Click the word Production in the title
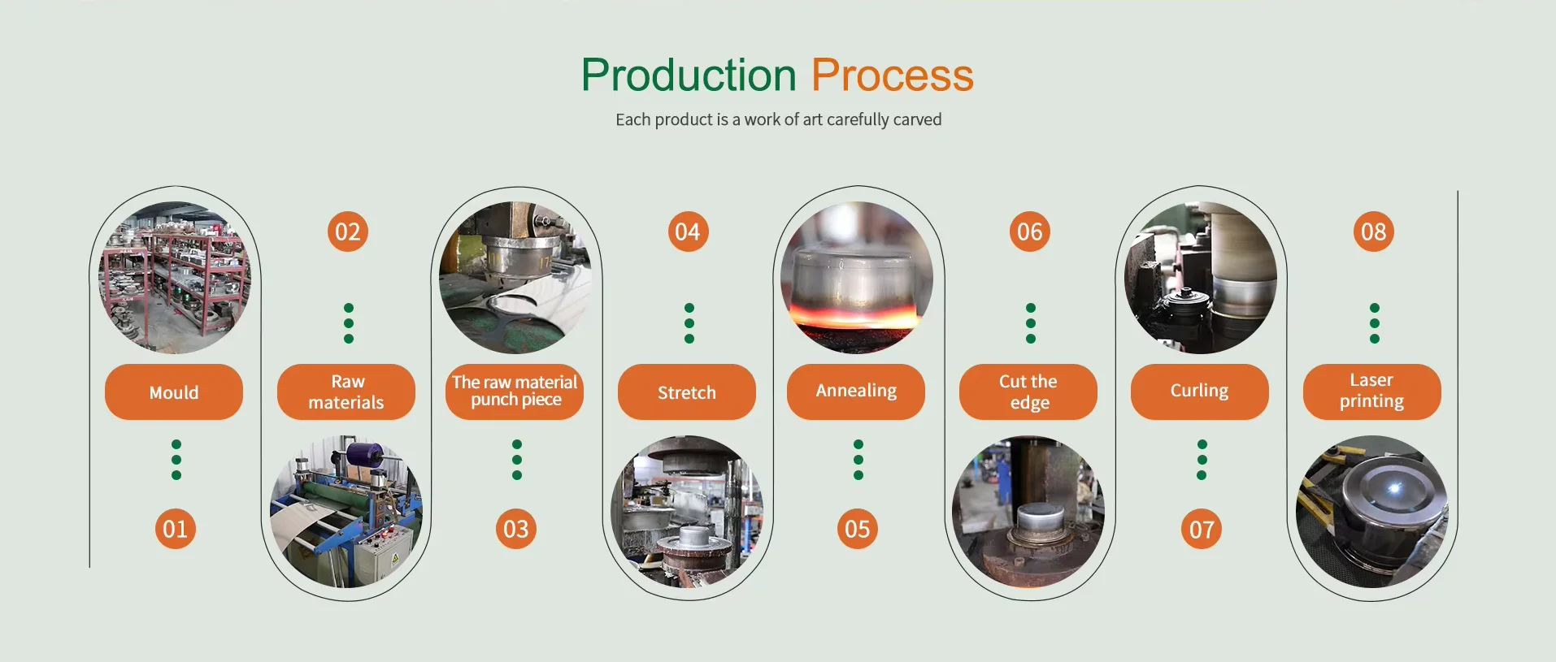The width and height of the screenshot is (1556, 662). point(689,76)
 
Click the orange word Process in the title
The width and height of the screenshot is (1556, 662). point(892,76)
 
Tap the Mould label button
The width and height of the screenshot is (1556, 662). point(174,392)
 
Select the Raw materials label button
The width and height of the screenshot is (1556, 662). point(346,392)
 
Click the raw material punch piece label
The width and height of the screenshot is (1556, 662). point(515,392)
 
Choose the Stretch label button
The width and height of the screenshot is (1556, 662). point(687,392)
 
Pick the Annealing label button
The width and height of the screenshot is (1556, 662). point(856,392)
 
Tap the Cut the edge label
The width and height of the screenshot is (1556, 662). point(1028,392)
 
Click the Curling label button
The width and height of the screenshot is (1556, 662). point(1200,392)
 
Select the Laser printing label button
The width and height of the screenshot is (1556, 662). point(1372,392)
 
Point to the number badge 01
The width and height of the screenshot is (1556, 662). point(176,529)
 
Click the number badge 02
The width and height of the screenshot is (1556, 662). point(348,231)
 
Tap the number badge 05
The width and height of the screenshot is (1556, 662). point(858,529)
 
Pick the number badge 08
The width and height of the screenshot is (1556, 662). point(1374,231)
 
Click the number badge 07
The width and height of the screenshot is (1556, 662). point(1202,530)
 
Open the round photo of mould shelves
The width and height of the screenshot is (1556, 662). point(175,278)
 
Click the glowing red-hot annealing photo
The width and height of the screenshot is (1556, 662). point(857,278)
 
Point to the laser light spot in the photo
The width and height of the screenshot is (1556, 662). point(1395,488)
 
